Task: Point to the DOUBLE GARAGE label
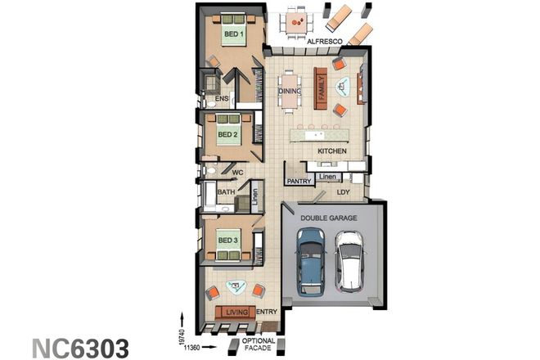pyautogui.click(x=328, y=218)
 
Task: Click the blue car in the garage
pyautogui.click(x=311, y=261)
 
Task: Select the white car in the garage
pyautogui.click(x=349, y=261)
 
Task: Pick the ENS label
pyautogui.click(x=221, y=99)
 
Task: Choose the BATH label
pyautogui.click(x=227, y=193)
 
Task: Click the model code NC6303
pyautogui.click(x=80, y=347)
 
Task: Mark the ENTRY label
pyautogui.click(x=267, y=312)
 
